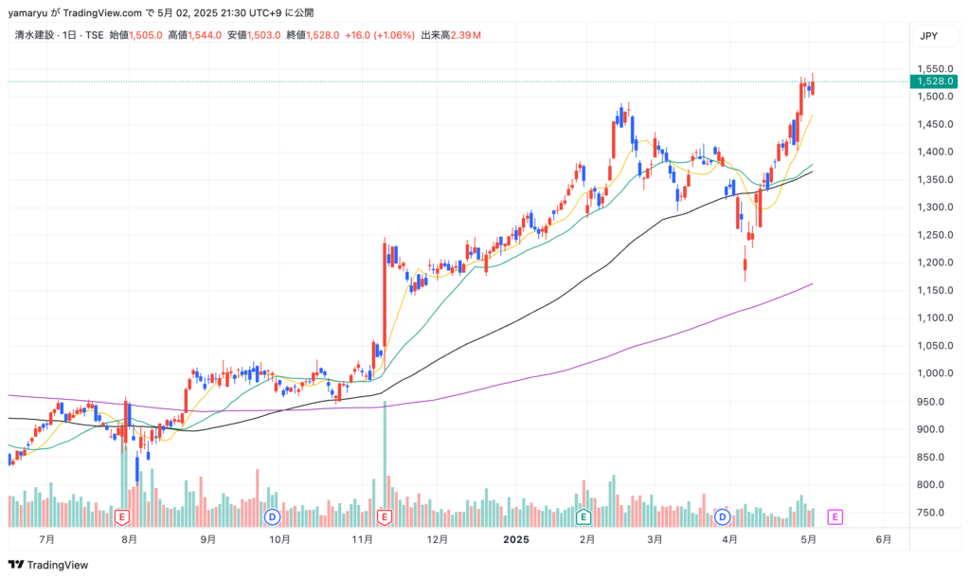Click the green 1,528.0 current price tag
(x=936, y=81)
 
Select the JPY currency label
(x=928, y=36)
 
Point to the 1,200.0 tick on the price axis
(x=936, y=262)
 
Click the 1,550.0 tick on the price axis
(x=936, y=69)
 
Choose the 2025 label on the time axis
(x=515, y=539)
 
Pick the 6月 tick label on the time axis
(x=883, y=539)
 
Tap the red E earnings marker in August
(x=121, y=516)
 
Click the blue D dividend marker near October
(x=272, y=516)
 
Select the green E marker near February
(x=584, y=516)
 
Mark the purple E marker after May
(x=835, y=516)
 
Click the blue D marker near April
(x=722, y=516)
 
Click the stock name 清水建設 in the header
(x=37, y=36)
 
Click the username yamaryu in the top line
(x=29, y=12)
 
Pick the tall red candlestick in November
(x=385, y=294)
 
